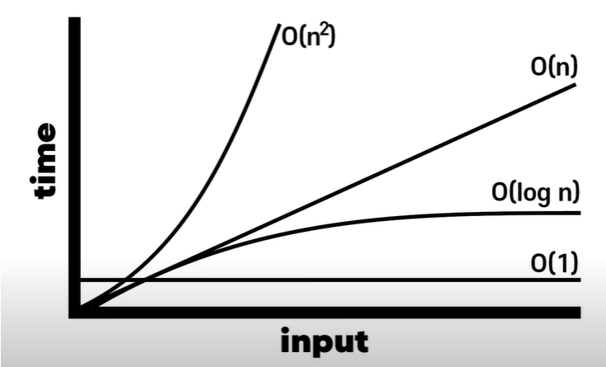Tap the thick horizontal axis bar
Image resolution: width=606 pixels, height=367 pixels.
point(330,311)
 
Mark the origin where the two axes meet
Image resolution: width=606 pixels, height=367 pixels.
point(75,311)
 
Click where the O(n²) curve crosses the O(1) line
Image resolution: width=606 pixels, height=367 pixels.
point(123,280)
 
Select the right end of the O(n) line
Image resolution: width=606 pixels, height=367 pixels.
point(575,85)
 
